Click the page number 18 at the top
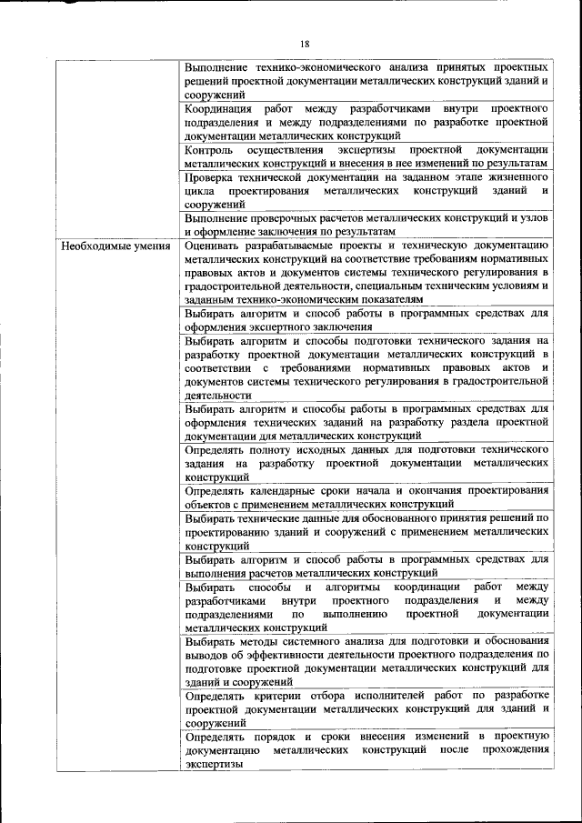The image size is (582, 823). click(305, 44)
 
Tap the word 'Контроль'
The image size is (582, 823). click(207, 149)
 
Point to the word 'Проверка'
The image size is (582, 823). click(210, 176)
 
